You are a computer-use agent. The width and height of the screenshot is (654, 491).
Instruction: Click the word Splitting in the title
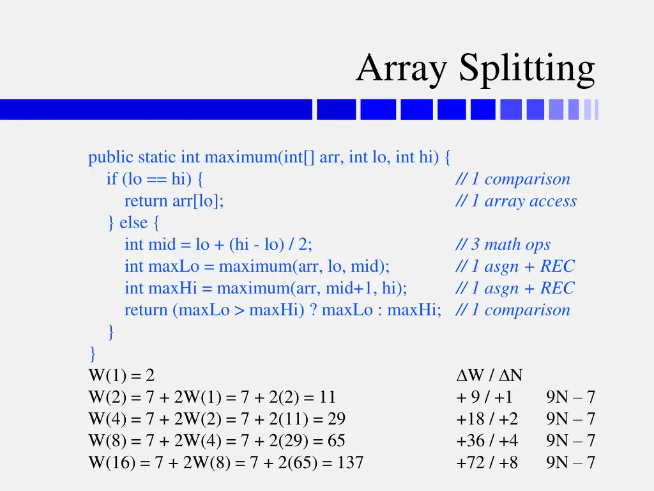[527, 68]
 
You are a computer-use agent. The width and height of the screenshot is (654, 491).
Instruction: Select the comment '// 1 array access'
[516, 201]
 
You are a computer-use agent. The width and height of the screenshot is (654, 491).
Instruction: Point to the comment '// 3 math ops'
[503, 245]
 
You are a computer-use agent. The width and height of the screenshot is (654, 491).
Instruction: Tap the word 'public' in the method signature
[111, 157]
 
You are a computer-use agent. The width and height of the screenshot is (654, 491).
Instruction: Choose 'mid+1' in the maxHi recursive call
[346, 288]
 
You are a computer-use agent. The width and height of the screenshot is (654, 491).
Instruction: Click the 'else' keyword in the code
[133, 223]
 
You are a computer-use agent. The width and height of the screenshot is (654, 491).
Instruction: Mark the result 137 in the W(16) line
[351, 462]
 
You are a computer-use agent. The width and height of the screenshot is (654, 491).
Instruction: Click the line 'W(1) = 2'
[121, 375]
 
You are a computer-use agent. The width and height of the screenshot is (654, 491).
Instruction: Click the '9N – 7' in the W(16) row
[570, 462]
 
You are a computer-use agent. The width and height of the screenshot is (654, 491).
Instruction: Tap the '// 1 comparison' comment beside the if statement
[513, 180]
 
